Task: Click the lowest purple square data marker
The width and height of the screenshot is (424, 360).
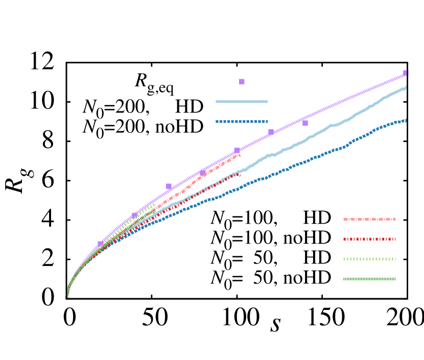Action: [x=101, y=244]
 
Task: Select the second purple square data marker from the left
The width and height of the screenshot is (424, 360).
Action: [x=135, y=215]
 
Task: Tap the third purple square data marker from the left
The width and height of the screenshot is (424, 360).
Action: [x=169, y=186]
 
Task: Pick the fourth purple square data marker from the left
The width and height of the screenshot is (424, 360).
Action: [x=203, y=172]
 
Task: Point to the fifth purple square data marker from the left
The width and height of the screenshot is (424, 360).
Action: [x=237, y=151]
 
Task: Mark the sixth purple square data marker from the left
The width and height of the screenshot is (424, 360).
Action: [x=271, y=132]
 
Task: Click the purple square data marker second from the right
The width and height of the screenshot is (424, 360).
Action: [x=305, y=123]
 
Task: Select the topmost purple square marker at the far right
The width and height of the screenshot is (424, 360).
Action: [x=406, y=73]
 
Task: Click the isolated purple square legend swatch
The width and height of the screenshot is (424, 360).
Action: [x=242, y=82]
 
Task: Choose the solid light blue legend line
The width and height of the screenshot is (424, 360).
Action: [x=242, y=102]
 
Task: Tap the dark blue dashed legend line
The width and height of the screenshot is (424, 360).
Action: [x=242, y=122]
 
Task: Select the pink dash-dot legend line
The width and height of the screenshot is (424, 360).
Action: [x=369, y=219]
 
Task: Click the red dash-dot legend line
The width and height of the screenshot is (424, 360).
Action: [x=369, y=239]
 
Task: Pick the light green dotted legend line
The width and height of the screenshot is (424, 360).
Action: [x=369, y=259]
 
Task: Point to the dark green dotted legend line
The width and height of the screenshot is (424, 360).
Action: [x=369, y=279]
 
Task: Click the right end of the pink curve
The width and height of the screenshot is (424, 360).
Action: [x=239, y=155]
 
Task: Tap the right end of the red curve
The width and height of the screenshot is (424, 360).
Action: [x=239, y=175]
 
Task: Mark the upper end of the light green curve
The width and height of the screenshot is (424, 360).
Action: [x=154, y=204]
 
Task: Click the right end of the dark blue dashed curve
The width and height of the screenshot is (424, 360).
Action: [x=406, y=121]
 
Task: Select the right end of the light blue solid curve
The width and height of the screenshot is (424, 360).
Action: [x=406, y=88]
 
